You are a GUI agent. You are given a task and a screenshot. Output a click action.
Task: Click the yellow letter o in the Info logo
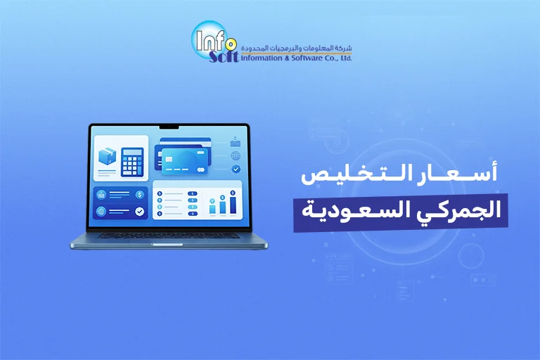point(231,44)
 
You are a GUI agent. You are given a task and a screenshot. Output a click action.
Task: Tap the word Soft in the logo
point(224,57)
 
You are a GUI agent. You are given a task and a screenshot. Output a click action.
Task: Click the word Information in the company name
point(261,58)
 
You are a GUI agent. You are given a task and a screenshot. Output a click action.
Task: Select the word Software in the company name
point(307,58)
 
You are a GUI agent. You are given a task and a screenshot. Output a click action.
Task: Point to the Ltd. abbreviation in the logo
point(345,58)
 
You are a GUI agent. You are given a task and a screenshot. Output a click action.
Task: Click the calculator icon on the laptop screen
point(132,162)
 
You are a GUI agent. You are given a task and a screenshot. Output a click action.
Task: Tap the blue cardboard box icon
point(107,156)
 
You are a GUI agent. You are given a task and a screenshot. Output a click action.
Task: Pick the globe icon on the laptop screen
point(236,155)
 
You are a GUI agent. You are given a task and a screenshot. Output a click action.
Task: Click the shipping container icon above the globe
point(236,141)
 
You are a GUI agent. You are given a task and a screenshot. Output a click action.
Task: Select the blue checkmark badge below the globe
point(236,169)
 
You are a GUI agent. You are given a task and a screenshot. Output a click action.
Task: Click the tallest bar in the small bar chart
point(233,205)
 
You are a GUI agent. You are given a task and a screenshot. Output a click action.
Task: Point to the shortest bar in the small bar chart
point(212,209)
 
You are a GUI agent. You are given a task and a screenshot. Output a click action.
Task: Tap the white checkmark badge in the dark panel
point(139,211)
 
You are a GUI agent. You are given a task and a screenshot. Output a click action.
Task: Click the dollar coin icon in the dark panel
point(139,195)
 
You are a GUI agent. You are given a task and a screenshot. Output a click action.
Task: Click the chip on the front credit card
point(169,159)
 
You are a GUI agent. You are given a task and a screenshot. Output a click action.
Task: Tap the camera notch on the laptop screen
point(169,128)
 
